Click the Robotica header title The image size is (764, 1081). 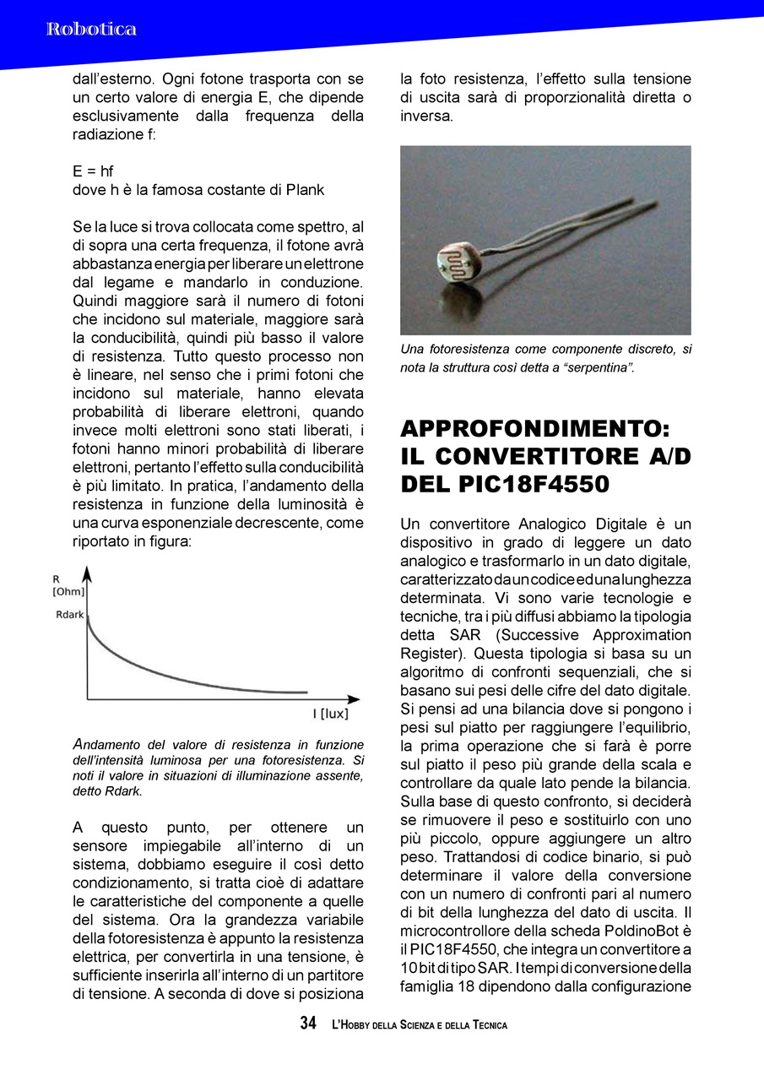pos(91,30)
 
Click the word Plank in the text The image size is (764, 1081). pos(305,190)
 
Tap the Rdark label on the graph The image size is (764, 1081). pos(69,615)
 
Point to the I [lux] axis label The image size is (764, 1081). pos(331,714)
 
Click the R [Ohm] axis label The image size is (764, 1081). pos(68,586)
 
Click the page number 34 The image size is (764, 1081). pos(308,1024)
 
